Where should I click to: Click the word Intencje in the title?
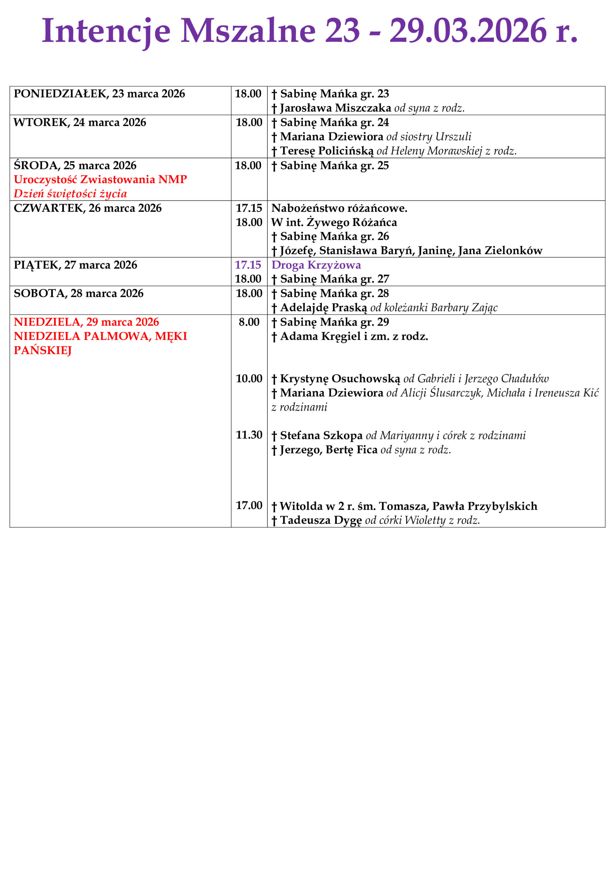point(106,31)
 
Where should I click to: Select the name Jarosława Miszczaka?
point(335,108)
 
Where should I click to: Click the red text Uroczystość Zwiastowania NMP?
point(101,179)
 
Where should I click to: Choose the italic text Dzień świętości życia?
point(70,194)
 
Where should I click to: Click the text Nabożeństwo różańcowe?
point(339,208)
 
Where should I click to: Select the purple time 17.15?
point(248,265)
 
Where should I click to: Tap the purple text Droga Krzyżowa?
point(316,265)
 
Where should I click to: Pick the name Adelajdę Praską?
point(323,308)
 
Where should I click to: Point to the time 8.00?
point(249,322)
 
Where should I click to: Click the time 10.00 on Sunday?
point(249,379)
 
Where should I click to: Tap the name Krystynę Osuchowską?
point(340,379)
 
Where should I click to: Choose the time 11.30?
point(249,435)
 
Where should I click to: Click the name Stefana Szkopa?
point(321,435)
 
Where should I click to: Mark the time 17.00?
point(249,505)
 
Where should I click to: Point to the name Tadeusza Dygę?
point(321,520)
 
